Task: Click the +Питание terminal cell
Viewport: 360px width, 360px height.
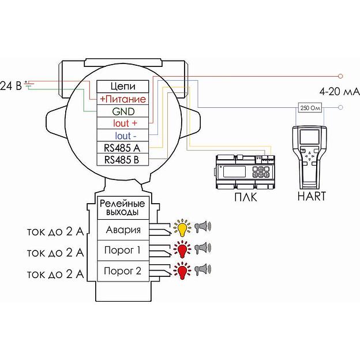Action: [123, 99]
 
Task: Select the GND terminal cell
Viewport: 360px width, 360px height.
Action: [123, 111]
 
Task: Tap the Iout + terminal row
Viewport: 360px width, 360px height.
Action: [123, 123]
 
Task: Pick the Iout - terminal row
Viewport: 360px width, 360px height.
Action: [123, 135]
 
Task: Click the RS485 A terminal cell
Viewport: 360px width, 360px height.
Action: [123, 147]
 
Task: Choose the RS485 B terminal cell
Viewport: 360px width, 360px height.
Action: [123, 159]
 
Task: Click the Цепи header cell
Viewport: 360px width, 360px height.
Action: [123, 87]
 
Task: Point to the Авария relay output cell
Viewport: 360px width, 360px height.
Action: [123, 230]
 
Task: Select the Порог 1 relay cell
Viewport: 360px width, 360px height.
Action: [123, 250]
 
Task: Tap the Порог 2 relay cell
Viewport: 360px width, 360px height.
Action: [123, 271]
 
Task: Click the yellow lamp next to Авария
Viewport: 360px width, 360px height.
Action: [182, 228]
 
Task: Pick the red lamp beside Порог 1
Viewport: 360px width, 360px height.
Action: [182, 249]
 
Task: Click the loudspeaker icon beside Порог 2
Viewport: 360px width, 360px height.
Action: [203, 269]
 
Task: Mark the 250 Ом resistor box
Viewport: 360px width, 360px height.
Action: [310, 107]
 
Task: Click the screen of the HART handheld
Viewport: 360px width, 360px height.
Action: [309, 137]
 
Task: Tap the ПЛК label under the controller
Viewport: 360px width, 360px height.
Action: [246, 197]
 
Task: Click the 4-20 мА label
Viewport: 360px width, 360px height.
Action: [339, 92]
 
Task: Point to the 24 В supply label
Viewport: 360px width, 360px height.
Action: [11, 86]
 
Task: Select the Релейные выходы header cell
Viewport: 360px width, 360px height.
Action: [123, 208]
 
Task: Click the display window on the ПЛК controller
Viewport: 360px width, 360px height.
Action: [234, 171]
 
